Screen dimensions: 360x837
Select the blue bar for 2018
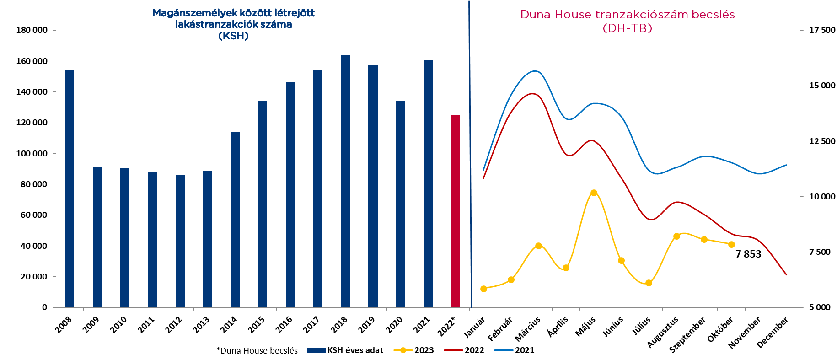tap(345, 181)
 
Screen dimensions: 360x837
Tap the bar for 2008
tap(70, 188)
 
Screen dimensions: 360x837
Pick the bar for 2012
tap(180, 241)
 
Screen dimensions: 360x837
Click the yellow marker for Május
tap(594, 193)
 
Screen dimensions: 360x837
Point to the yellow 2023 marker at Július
tap(649, 283)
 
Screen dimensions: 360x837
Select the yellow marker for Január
tap(483, 289)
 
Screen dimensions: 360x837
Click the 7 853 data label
tap(748, 254)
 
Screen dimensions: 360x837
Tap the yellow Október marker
tap(731, 245)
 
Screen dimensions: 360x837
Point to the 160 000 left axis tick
tap(32, 61)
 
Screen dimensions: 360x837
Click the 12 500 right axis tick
tap(822, 141)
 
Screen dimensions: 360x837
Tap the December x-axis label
tap(773, 333)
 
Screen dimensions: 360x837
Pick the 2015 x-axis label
tap(256, 325)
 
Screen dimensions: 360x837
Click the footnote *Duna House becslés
tap(257, 351)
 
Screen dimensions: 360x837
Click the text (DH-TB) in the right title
tap(627, 28)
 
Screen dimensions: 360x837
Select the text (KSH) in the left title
tap(233, 36)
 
